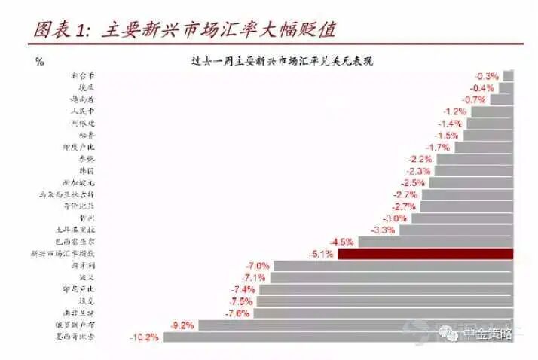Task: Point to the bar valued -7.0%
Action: (x=393, y=266)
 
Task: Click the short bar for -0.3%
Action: (x=508, y=75)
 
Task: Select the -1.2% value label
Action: (x=454, y=111)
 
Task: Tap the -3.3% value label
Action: (x=384, y=230)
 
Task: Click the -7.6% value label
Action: (x=237, y=313)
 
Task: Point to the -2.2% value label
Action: (x=420, y=159)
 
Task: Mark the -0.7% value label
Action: (x=475, y=99)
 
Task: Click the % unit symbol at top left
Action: (x=39, y=62)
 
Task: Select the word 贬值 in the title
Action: (x=312, y=30)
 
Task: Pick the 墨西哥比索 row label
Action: (x=78, y=337)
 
